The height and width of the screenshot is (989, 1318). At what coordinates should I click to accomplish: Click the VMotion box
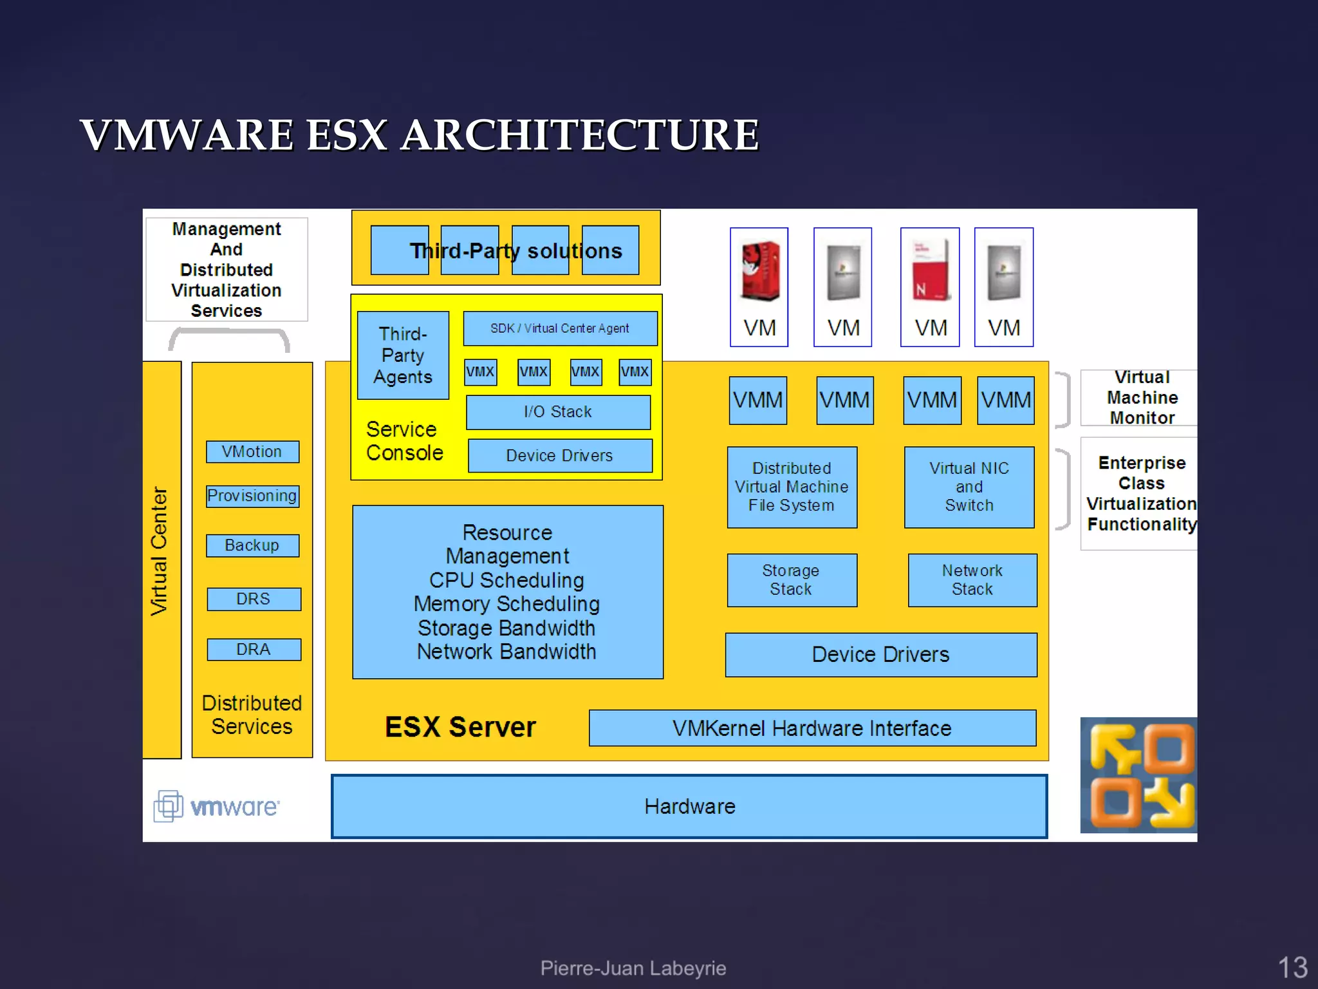pyautogui.click(x=252, y=451)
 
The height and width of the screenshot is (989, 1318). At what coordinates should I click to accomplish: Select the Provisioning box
pyautogui.click(x=252, y=496)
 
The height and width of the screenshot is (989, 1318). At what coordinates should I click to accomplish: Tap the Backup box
pyautogui.click(x=252, y=545)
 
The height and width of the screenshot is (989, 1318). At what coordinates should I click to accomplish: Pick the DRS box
pyautogui.click(x=254, y=599)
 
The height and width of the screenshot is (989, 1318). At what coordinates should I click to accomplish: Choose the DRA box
pyautogui.click(x=254, y=649)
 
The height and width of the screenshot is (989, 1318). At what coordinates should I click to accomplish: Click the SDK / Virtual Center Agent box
pyautogui.click(x=560, y=328)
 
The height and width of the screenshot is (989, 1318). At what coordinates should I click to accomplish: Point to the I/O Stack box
pyautogui.click(x=558, y=412)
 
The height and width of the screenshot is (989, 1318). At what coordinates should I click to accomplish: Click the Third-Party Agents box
pyautogui.click(x=403, y=355)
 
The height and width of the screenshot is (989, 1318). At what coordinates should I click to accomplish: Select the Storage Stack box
pyautogui.click(x=792, y=580)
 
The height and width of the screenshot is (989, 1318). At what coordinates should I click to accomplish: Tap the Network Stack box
pyautogui.click(x=972, y=580)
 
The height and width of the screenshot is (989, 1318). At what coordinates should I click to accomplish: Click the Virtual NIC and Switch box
pyautogui.click(x=969, y=487)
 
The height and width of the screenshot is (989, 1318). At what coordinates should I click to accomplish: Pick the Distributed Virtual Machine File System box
pyautogui.click(x=792, y=487)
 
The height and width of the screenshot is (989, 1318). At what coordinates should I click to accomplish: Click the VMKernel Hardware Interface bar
pyautogui.click(x=812, y=728)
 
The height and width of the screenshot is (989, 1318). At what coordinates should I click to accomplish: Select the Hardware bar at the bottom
pyautogui.click(x=689, y=806)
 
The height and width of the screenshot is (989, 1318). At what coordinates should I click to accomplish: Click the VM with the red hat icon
pyautogui.click(x=759, y=287)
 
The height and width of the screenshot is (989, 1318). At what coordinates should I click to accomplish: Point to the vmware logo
pyautogui.click(x=217, y=806)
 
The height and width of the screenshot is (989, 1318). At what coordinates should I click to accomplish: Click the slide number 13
pyautogui.click(x=1292, y=967)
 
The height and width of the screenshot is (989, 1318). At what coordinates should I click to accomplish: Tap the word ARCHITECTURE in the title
pyautogui.click(x=579, y=135)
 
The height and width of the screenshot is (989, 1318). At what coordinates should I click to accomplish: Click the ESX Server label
pyautogui.click(x=460, y=727)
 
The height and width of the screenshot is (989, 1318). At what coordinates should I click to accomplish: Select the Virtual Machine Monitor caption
pyautogui.click(x=1142, y=397)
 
